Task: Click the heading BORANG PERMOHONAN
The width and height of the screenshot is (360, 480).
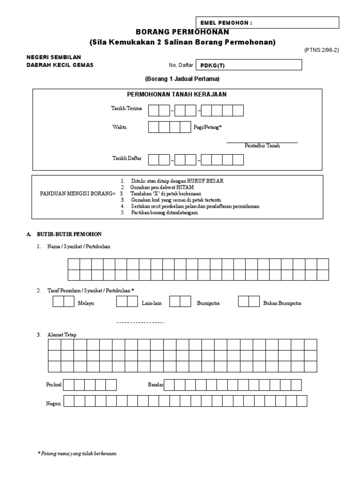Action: [182, 32]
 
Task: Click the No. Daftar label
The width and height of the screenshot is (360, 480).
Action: [180, 66]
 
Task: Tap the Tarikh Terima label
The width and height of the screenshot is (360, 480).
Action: [126, 109]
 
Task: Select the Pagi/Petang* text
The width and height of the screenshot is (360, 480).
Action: [207, 127]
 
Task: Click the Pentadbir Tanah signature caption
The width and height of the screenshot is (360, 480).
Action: [262, 146]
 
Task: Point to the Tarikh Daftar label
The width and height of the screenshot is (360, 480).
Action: [127, 158]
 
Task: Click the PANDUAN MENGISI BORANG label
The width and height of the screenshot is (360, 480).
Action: [77, 193]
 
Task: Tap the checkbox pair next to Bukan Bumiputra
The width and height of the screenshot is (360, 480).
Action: [249, 301]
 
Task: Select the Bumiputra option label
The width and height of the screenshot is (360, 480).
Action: [209, 303]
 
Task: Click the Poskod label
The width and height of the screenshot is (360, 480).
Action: [53, 385]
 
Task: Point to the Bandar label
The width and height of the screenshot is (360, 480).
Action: [155, 385]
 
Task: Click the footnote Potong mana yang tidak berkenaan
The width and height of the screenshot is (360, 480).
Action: [78, 454]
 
